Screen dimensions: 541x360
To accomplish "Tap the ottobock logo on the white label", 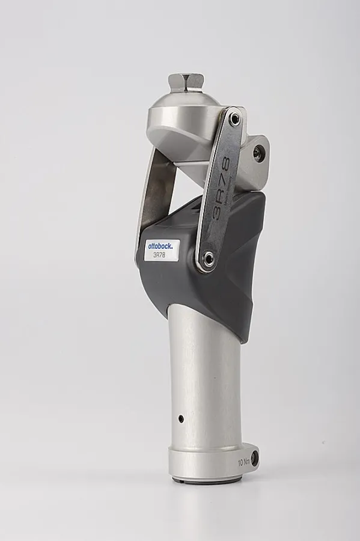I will (x=159, y=246).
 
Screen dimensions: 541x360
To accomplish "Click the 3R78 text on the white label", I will (x=159, y=255).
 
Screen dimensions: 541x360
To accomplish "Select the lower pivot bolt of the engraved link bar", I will (x=208, y=259).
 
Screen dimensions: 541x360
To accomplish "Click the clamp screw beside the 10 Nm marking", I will (x=255, y=459).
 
